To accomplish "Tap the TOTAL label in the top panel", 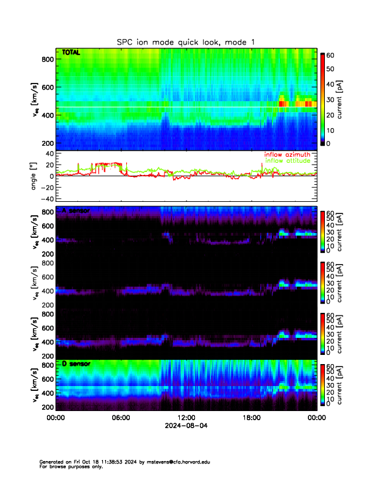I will pos(70,53).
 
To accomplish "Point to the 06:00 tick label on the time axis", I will pos(121,418).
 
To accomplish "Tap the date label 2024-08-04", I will pos(186,426).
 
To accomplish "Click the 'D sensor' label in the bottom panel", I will pos(76,364).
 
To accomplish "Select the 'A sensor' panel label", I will pos(76,211).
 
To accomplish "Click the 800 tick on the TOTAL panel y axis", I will pos(48,59).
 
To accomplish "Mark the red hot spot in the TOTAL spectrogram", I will pos(282,104).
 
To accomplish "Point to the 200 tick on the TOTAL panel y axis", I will pos(48,143).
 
